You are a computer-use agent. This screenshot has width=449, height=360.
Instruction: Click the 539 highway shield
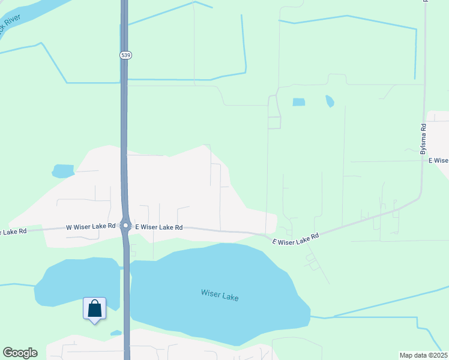tap(125, 55)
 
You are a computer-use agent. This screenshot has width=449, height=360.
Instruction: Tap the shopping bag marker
tap(95, 309)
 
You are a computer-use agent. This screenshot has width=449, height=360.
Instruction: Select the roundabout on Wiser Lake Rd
tap(126, 226)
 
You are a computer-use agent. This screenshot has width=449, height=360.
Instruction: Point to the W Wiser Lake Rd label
tap(90, 227)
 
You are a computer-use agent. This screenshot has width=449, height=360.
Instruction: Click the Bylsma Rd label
tap(423, 139)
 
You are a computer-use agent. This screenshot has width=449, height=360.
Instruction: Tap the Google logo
tap(20, 353)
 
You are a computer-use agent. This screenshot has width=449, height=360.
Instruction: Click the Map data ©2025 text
tap(424, 355)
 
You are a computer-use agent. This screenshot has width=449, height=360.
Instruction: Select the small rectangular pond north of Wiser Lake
tap(298, 102)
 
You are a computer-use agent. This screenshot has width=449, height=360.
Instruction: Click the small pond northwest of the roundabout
tap(62, 171)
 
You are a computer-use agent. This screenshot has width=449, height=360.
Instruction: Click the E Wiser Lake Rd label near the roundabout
tap(158, 227)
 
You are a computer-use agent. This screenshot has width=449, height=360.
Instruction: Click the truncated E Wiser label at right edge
tap(438, 160)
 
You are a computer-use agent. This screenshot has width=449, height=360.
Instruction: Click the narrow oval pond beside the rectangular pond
tap(330, 101)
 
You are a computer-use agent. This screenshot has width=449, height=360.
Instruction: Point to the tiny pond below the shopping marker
tap(116, 333)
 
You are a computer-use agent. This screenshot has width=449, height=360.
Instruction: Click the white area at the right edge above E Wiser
tap(438, 132)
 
